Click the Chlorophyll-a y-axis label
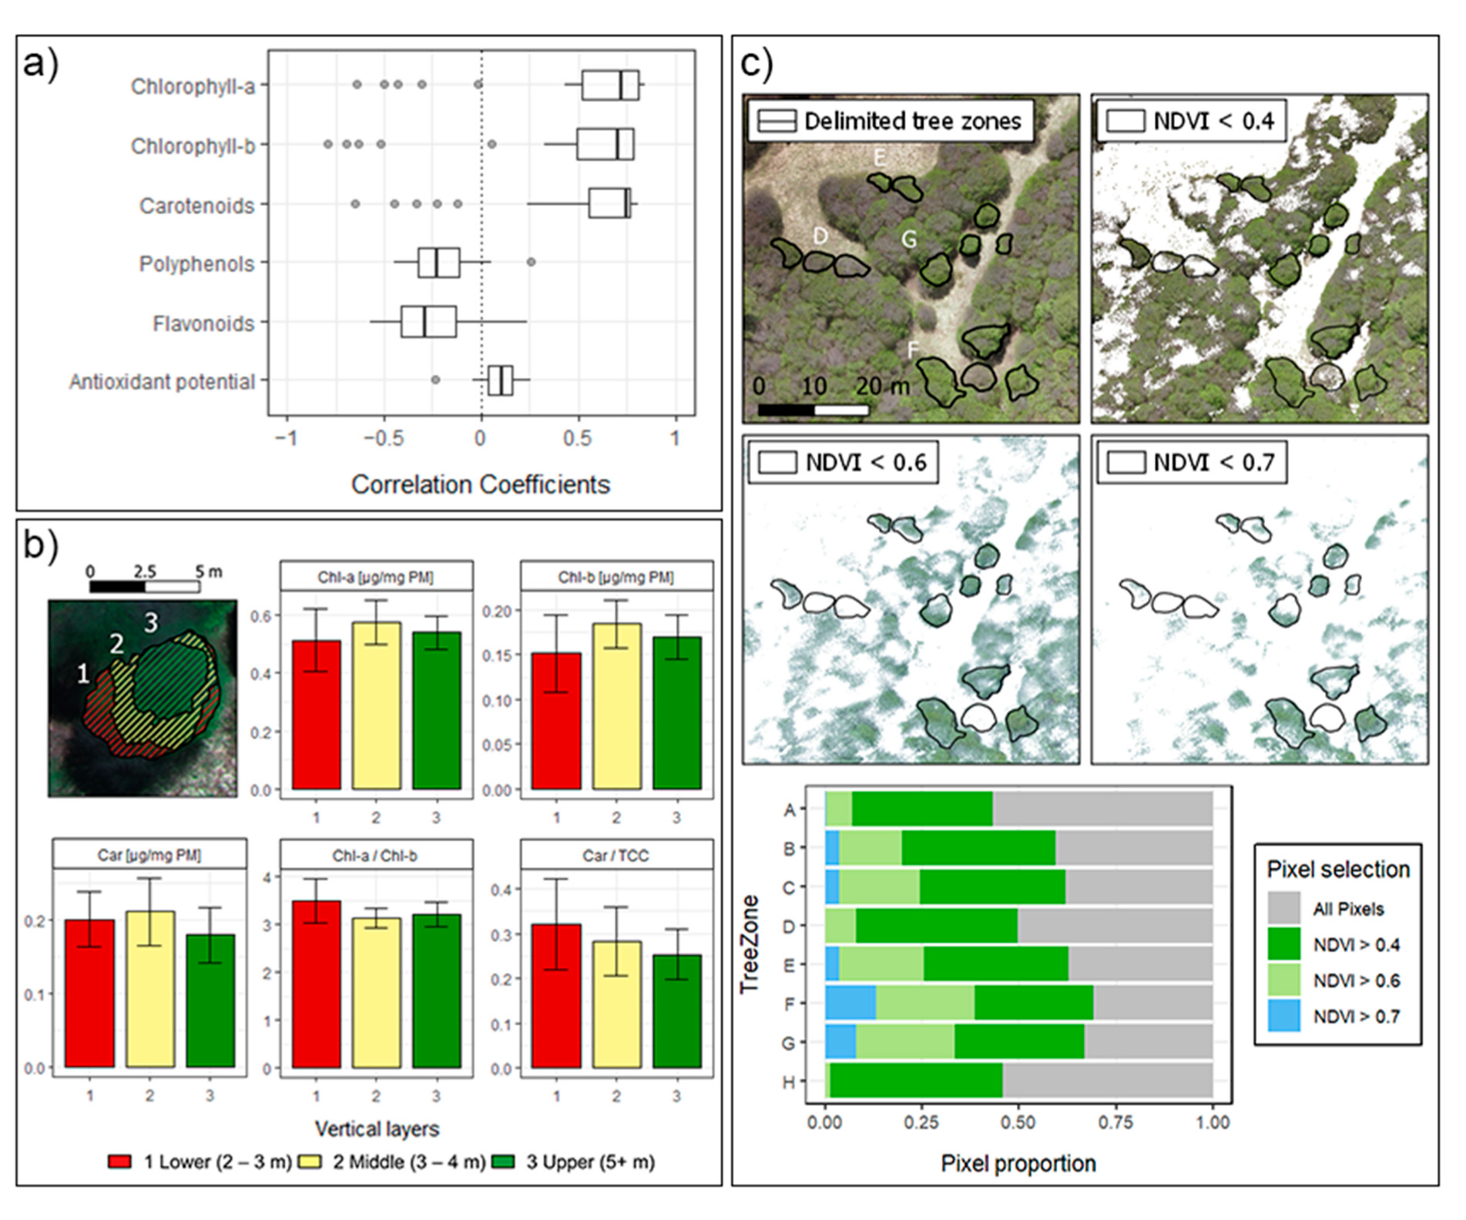point(193,86)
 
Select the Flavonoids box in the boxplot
point(428,322)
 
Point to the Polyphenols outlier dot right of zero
point(531,263)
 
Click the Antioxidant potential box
point(500,380)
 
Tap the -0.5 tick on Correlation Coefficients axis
point(384,439)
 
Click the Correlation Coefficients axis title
point(480,484)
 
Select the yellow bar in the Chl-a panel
point(377,705)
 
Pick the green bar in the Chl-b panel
point(676,712)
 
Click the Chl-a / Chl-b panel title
point(376,856)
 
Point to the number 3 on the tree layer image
point(151,622)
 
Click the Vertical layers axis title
point(377,1129)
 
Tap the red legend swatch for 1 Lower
point(120,1162)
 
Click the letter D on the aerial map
point(820,236)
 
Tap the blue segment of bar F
point(850,1004)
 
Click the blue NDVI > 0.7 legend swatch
point(1283,1017)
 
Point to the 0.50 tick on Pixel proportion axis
point(1018,1122)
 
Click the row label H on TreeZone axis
point(789,1082)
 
